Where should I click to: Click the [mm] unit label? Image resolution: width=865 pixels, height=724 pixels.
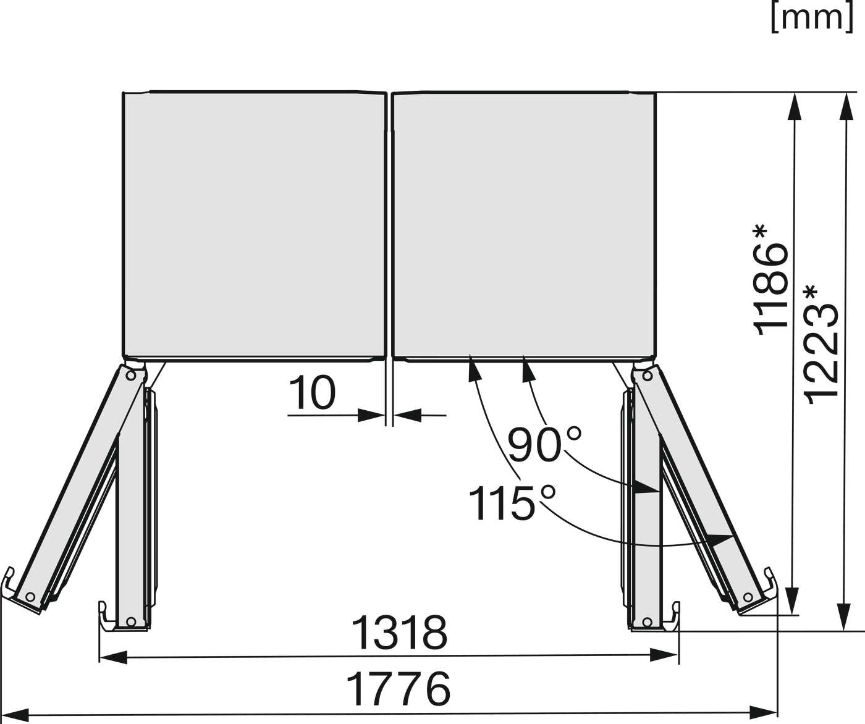[812, 18]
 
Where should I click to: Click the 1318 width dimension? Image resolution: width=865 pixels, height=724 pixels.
[399, 633]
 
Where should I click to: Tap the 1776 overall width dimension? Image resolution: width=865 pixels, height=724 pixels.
[398, 689]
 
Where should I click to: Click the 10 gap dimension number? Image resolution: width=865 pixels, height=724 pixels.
[312, 393]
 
